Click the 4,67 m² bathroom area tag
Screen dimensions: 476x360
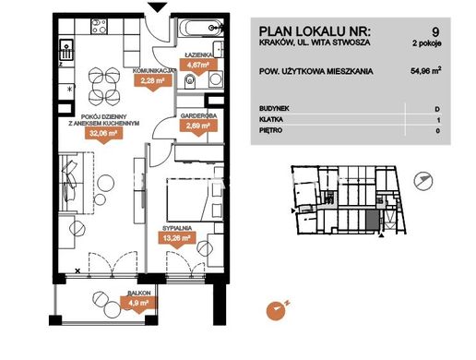[198, 66]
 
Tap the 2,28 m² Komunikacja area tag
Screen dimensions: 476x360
[152, 81]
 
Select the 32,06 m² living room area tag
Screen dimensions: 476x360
[104, 133]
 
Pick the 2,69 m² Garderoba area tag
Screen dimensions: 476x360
[198, 126]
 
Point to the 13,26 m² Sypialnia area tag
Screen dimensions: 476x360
[177, 238]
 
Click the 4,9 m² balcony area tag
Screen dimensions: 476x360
[138, 303]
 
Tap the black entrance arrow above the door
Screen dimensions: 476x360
[158, 7]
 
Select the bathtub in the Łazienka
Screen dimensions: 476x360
[200, 29]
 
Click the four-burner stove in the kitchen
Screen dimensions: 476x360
[99, 26]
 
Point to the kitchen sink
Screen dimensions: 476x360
[66, 50]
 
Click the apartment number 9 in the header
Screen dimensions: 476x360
[435, 32]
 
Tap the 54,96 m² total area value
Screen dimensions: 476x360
[426, 71]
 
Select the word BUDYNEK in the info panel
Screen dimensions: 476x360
[274, 108]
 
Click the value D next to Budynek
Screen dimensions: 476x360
[437, 109]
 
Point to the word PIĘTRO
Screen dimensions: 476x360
[270, 130]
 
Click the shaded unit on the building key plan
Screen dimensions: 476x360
[373, 221]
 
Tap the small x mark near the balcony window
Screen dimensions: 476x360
[77, 271]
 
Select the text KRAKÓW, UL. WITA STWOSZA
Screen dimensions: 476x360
[315, 42]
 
